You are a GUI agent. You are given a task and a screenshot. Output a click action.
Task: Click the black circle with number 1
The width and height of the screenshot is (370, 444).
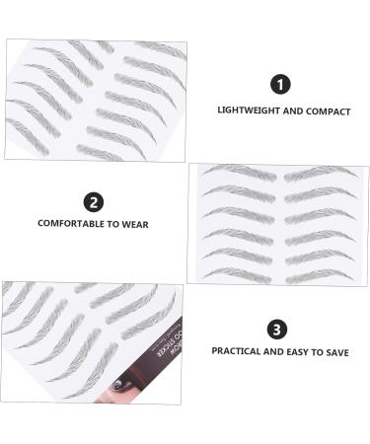pyautogui.click(x=282, y=85)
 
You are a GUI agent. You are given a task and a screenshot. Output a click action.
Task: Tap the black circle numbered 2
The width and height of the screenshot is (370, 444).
pyautogui.click(x=94, y=202)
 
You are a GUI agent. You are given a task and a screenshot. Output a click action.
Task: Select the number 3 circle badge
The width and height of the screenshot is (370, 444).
pyautogui.click(x=277, y=329)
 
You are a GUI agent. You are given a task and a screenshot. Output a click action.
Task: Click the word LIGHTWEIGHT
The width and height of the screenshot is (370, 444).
pyautogui.click(x=250, y=111)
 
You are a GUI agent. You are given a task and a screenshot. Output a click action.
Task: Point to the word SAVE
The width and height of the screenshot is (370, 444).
pyautogui.click(x=336, y=352)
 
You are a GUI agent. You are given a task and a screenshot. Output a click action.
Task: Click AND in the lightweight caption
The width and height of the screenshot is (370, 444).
pyautogui.click(x=294, y=111)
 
